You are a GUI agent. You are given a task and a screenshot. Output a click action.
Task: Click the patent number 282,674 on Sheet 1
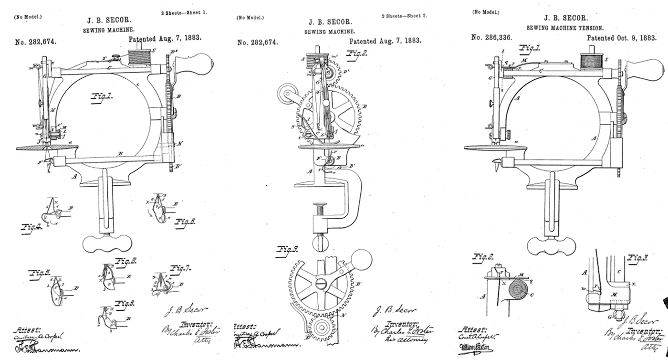(36, 42)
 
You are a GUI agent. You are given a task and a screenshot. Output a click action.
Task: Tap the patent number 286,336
(491, 37)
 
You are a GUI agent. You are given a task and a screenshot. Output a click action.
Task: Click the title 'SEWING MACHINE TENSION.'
(565, 28)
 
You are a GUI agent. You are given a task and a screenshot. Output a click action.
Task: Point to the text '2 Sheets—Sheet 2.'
(404, 16)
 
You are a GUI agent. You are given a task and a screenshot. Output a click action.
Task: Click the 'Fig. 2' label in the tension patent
(482, 257)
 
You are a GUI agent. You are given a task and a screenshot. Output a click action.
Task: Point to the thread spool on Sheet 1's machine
(139, 59)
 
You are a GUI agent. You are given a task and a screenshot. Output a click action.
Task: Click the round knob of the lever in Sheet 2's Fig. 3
(363, 260)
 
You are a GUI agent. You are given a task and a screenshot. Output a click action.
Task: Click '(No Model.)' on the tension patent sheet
(486, 12)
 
